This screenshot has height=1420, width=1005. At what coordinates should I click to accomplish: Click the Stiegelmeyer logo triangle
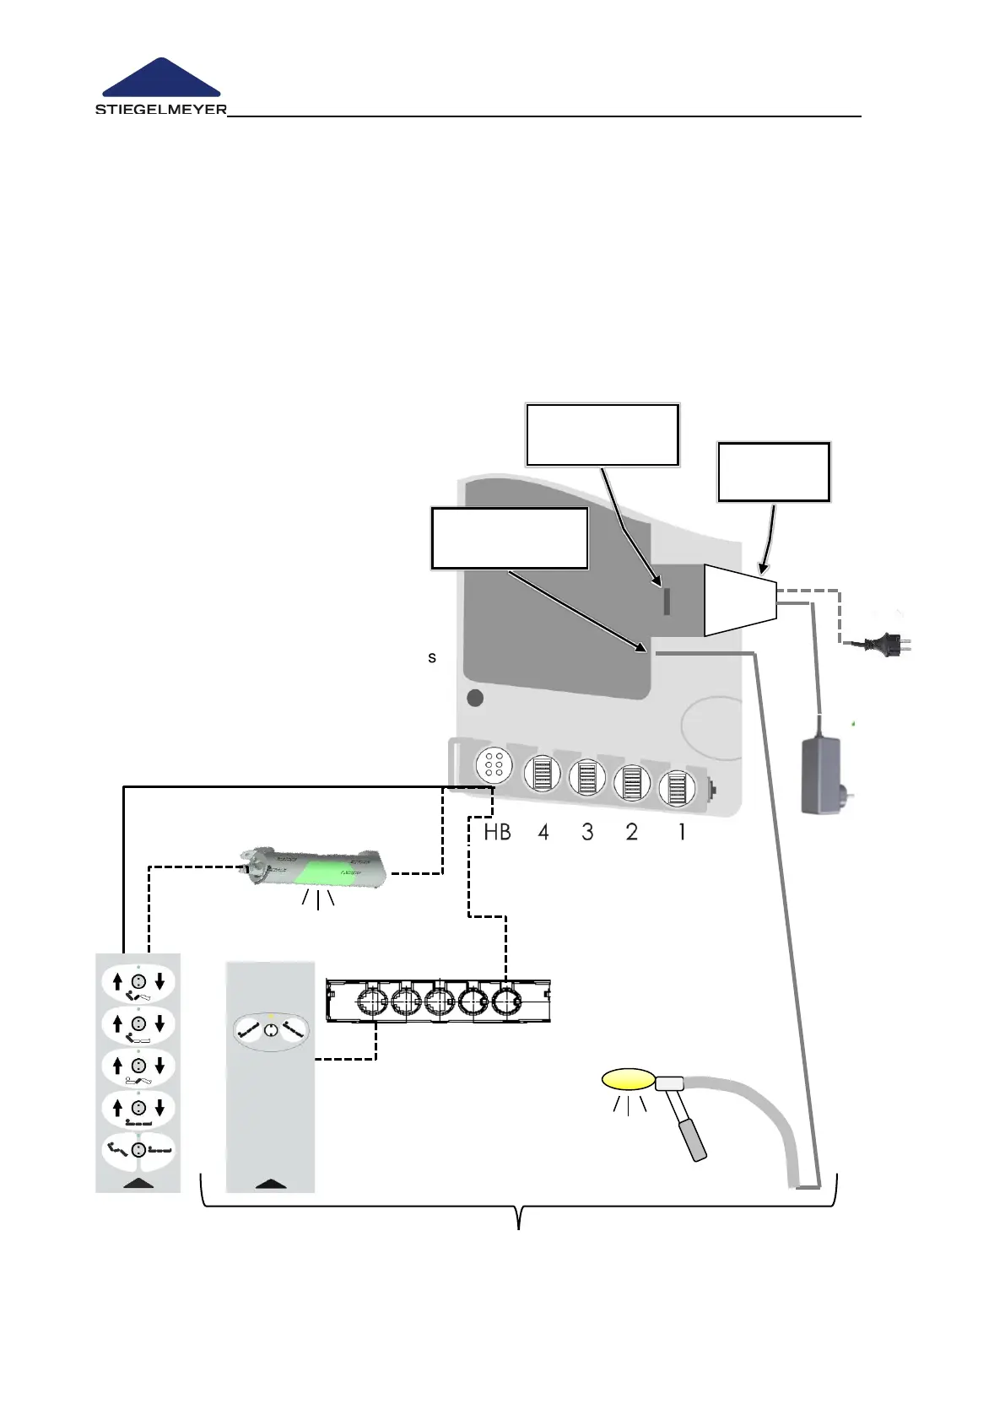coord(161,79)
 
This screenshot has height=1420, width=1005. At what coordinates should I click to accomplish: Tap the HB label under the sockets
coord(497,833)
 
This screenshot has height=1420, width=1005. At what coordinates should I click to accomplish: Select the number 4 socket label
coord(543,833)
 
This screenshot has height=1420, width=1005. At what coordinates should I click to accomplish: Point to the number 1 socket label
coord(682,833)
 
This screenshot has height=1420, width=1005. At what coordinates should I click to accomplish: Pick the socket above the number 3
coord(587,777)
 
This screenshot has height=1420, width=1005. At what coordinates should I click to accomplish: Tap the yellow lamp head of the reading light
coord(629,1079)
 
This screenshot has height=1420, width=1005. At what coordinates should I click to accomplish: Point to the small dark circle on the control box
coord(475,699)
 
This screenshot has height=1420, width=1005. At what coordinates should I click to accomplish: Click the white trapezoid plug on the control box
coord(739,600)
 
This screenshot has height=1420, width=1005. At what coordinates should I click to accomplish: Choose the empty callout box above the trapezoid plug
coord(774,472)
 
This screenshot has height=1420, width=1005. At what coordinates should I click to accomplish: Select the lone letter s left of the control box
coord(432,657)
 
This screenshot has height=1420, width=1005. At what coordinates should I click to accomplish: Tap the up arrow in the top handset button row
coord(117,981)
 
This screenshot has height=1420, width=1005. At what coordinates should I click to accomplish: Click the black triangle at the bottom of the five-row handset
coord(139,1183)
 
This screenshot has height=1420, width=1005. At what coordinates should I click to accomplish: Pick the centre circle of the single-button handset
coord(270,1031)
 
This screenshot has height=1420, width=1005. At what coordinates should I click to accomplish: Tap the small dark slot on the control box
coord(667,602)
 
